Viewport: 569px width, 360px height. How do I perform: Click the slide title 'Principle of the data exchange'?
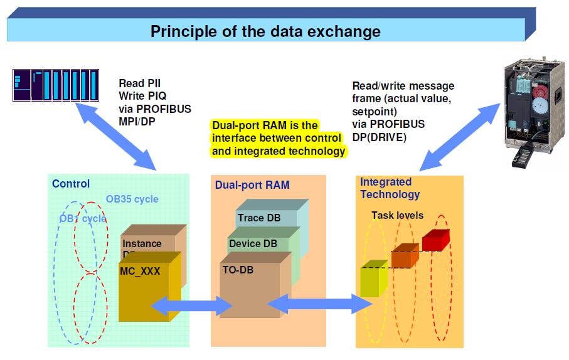click(x=265, y=31)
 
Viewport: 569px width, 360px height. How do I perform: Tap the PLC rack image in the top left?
click(x=54, y=86)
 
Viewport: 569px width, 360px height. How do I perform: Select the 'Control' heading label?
click(x=71, y=184)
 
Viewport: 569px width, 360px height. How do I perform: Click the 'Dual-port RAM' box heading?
click(x=252, y=185)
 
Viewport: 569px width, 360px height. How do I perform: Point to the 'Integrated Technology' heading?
click(x=390, y=188)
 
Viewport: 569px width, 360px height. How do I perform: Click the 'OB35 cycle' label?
click(x=132, y=199)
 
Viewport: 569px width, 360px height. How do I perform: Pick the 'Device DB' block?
click(x=253, y=243)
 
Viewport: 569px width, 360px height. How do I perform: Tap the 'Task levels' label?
click(x=397, y=215)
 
